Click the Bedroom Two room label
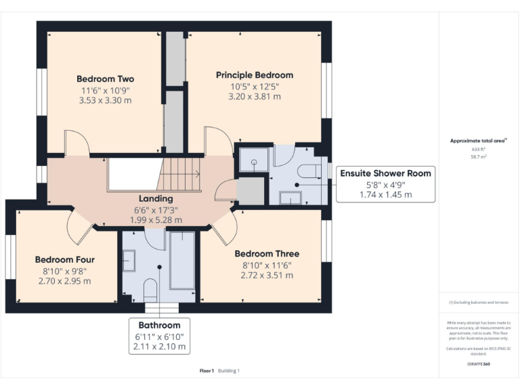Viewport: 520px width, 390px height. pos(105,79)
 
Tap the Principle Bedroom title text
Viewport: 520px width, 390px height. pos(255,74)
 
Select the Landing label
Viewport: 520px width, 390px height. pos(156,198)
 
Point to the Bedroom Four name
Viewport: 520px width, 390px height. pos(65,259)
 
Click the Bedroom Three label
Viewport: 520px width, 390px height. pos(267,254)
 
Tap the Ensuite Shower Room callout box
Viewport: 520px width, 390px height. pos(385,183)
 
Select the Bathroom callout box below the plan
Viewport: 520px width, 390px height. pos(160,336)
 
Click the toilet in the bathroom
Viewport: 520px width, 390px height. pos(150,290)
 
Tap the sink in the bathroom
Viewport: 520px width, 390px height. pos(129,261)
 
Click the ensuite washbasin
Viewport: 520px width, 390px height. pos(290,198)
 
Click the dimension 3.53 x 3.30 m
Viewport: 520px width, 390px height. pos(105,100)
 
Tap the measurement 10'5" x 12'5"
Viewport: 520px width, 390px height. pos(255,86)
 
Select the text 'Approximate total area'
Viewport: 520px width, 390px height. pos(477,141)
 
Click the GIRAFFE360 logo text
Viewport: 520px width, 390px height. pos(478,364)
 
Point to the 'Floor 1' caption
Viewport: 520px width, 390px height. pos(207,370)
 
